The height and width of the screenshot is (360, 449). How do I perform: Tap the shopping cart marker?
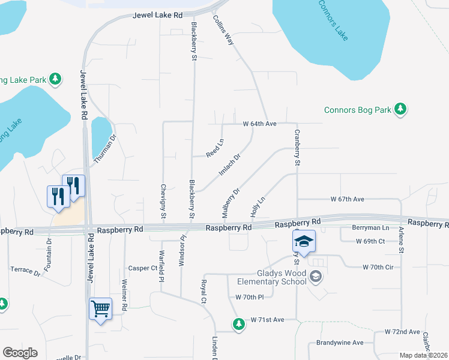[100, 309]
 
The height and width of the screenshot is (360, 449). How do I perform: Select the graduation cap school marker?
[304, 242]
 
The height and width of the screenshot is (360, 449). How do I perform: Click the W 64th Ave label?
[259, 124]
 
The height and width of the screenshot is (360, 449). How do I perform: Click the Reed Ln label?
[215, 148]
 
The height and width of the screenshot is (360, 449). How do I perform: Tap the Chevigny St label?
[163, 201]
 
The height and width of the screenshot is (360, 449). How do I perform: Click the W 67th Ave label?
[348, 199]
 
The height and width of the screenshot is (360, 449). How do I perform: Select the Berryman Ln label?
[370, 228]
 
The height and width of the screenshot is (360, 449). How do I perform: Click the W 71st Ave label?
[267, 320]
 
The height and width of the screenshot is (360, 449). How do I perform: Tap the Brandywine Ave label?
[340, 343]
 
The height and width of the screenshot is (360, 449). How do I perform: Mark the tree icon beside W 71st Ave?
[239, 324]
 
